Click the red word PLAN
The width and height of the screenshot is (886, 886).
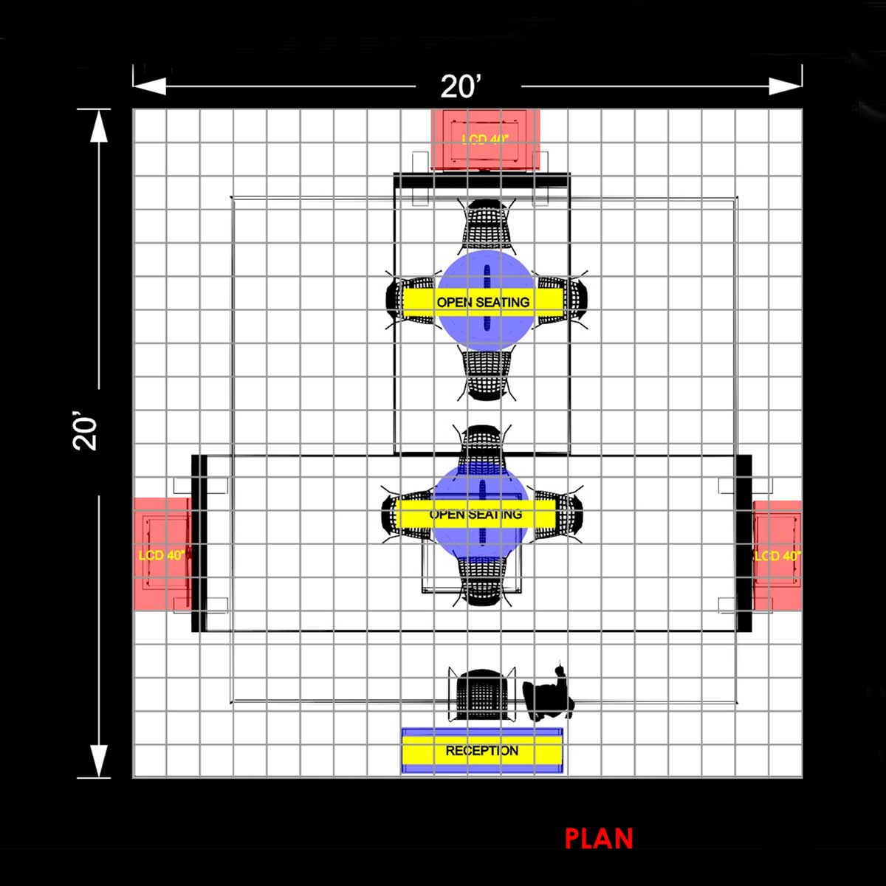click(x=599, y=839)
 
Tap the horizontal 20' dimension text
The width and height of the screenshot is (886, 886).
click(x=461, y=86)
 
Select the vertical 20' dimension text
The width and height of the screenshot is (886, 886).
click(x=86, y=433)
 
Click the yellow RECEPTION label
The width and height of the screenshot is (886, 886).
click(x=481, y=751)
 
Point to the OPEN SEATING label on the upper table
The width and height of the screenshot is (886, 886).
click(x=483, y=302)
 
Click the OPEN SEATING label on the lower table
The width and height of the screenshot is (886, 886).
click(x=475, y=514)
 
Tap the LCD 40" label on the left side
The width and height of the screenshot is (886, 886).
click(x=162, y=554)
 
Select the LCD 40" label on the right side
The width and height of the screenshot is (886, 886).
click(x=777, y=555)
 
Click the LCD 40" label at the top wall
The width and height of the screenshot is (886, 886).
click(x=485, y=139)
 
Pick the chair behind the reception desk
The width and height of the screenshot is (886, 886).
click(x=481, y=694)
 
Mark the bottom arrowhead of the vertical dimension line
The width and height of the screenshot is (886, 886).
click(x=98, y=760)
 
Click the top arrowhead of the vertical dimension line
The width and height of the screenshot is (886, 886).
click(x=98, y=126)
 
